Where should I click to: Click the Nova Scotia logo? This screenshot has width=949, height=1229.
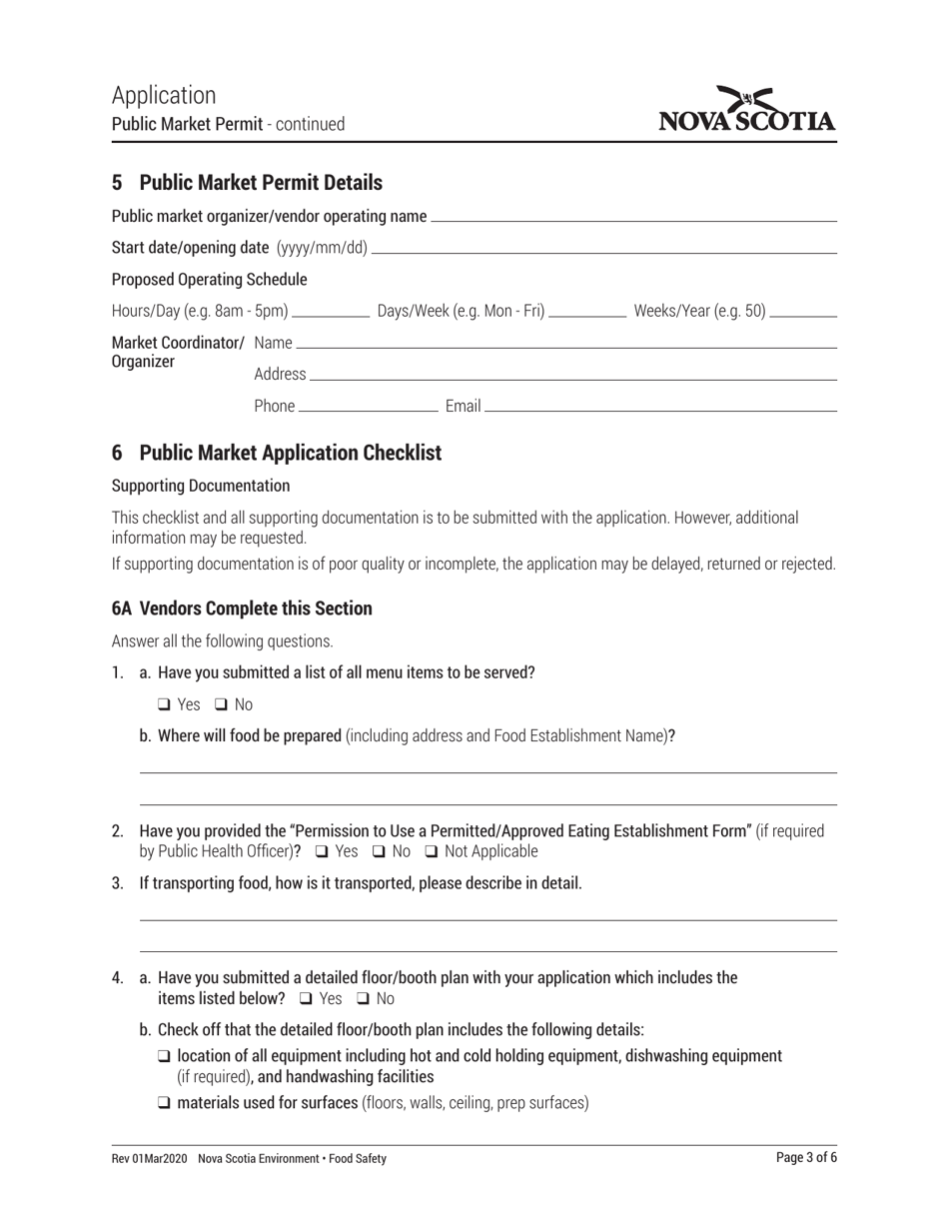[747, 110]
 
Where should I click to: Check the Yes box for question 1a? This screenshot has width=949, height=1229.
[164, 704]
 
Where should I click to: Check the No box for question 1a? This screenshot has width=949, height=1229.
[221, 704]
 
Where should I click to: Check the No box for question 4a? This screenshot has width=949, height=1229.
[363, 998]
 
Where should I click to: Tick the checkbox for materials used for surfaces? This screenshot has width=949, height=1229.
[164, 1103]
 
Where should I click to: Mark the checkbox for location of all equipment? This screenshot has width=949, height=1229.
[164, 1056]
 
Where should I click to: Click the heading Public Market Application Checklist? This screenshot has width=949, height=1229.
[290, 453]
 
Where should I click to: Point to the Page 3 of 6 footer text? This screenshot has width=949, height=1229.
[806, 1158]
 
